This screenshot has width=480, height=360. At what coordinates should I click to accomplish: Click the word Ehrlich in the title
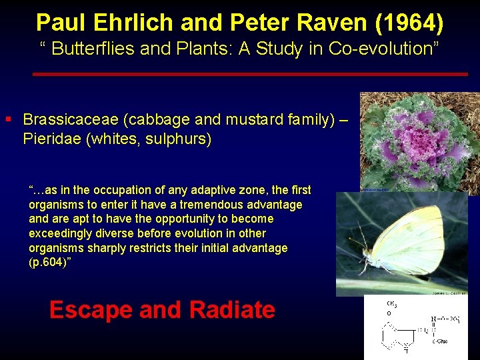click(x=131, y=23)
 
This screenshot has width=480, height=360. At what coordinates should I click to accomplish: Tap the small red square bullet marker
click(x=8, y=119)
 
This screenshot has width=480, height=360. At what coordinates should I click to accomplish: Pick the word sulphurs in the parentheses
click(x=180, y=139)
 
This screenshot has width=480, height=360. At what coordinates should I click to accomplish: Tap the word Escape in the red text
click(x=90, y=310)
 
